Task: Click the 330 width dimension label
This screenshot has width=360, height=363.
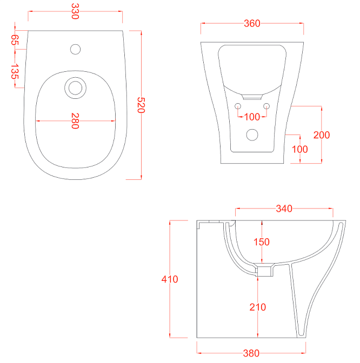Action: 75,11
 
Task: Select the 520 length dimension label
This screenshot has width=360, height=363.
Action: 141,105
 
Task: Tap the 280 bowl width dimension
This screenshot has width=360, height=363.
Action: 75,120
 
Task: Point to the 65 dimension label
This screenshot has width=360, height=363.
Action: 15,40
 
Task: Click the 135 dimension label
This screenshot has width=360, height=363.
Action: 15,71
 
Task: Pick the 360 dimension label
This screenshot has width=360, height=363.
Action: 252,23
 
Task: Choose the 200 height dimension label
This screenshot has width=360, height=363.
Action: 322,135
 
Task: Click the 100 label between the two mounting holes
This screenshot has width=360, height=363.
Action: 252,117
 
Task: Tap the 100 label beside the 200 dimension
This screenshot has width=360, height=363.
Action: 300,149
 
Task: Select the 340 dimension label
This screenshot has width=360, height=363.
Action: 284,209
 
